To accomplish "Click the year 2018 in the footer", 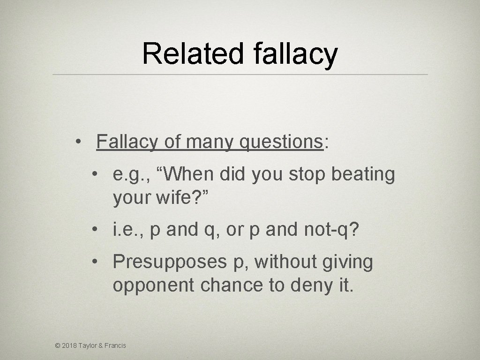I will [x=70, y=345].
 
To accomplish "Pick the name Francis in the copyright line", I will [x=115, y=345].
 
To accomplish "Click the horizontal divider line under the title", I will [x=240, y=75].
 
